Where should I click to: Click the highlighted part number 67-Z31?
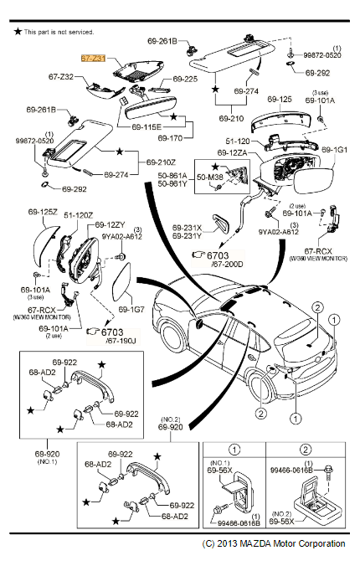pyautogui.click(x=93, y=60)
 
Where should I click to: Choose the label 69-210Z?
pyautogui.click(x=162, y=161)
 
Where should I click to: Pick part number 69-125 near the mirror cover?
pyautogui.click(x=280, y=99)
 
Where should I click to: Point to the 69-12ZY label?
pyautogui.click(x=110, y=225)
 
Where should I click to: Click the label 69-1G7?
pyautogui.click(x=131, y=308)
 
